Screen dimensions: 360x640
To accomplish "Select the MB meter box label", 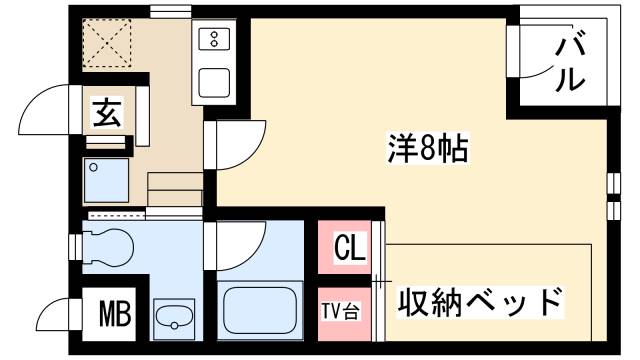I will pos(114,317).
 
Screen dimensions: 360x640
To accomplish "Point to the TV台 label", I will pos(341,308).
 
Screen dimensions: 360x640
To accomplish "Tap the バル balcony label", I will pos(572,62).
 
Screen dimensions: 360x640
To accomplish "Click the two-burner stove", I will pos(215,39).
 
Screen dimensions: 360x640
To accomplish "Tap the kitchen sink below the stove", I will pos(215,80).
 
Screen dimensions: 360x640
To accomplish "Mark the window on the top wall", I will pos(171,12).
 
